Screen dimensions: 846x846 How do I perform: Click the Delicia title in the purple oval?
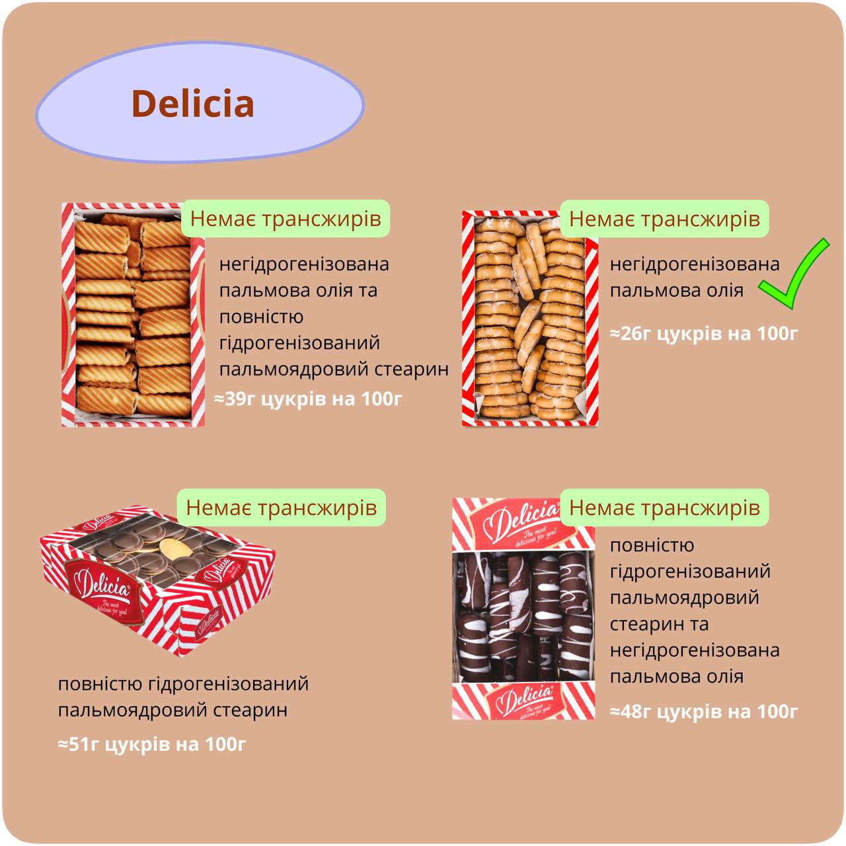click(192, 104)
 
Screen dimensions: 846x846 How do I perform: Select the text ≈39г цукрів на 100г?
click(308, 399)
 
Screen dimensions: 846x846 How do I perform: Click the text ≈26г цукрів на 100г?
click(703, 333)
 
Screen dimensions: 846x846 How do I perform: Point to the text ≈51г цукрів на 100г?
click(152, 744)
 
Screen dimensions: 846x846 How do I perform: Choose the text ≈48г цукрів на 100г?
click(703, 711)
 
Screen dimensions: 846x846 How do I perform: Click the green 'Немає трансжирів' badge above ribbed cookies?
click(286, 218)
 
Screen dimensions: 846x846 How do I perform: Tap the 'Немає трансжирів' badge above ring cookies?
click(664, 218)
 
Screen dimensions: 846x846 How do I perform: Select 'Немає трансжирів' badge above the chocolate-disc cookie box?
click(282, 507)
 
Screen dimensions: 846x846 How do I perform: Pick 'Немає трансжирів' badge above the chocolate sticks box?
click(664, 507)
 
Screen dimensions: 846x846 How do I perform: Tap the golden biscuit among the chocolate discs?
click(174, 548)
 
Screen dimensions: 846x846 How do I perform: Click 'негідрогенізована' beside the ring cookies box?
click(694, 264)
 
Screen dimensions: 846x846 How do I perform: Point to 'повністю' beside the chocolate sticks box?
click(652, 545)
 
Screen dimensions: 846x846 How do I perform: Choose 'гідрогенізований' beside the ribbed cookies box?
click(299, 342)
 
